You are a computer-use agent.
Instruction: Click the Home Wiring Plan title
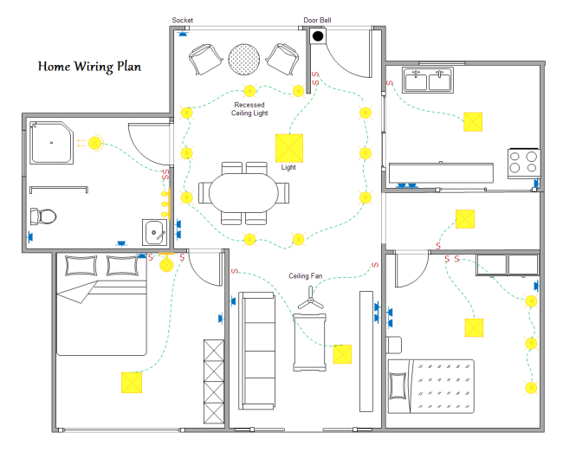(x=89, y=66)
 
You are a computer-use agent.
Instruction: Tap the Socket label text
(x=183, y=20)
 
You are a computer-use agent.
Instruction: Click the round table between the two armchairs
(x=243, y=59)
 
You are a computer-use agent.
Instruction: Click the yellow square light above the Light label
(x=288, y=147)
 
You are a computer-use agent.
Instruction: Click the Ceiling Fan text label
(x=307, y=276)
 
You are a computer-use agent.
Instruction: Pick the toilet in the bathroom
(x=42, y=216)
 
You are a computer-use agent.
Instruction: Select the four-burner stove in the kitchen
(x=523, y=162)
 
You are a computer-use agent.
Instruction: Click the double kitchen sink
(x=429, y=81)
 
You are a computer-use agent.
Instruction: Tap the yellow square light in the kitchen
(x=473, y=121)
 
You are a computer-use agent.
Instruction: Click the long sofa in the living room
(x=257, y=351)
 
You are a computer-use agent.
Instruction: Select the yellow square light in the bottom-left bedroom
(x=132, y=382)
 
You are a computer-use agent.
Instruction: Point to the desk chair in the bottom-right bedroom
(x=394, y=344)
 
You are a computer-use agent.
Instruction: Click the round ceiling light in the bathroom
(x=94, y=143)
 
